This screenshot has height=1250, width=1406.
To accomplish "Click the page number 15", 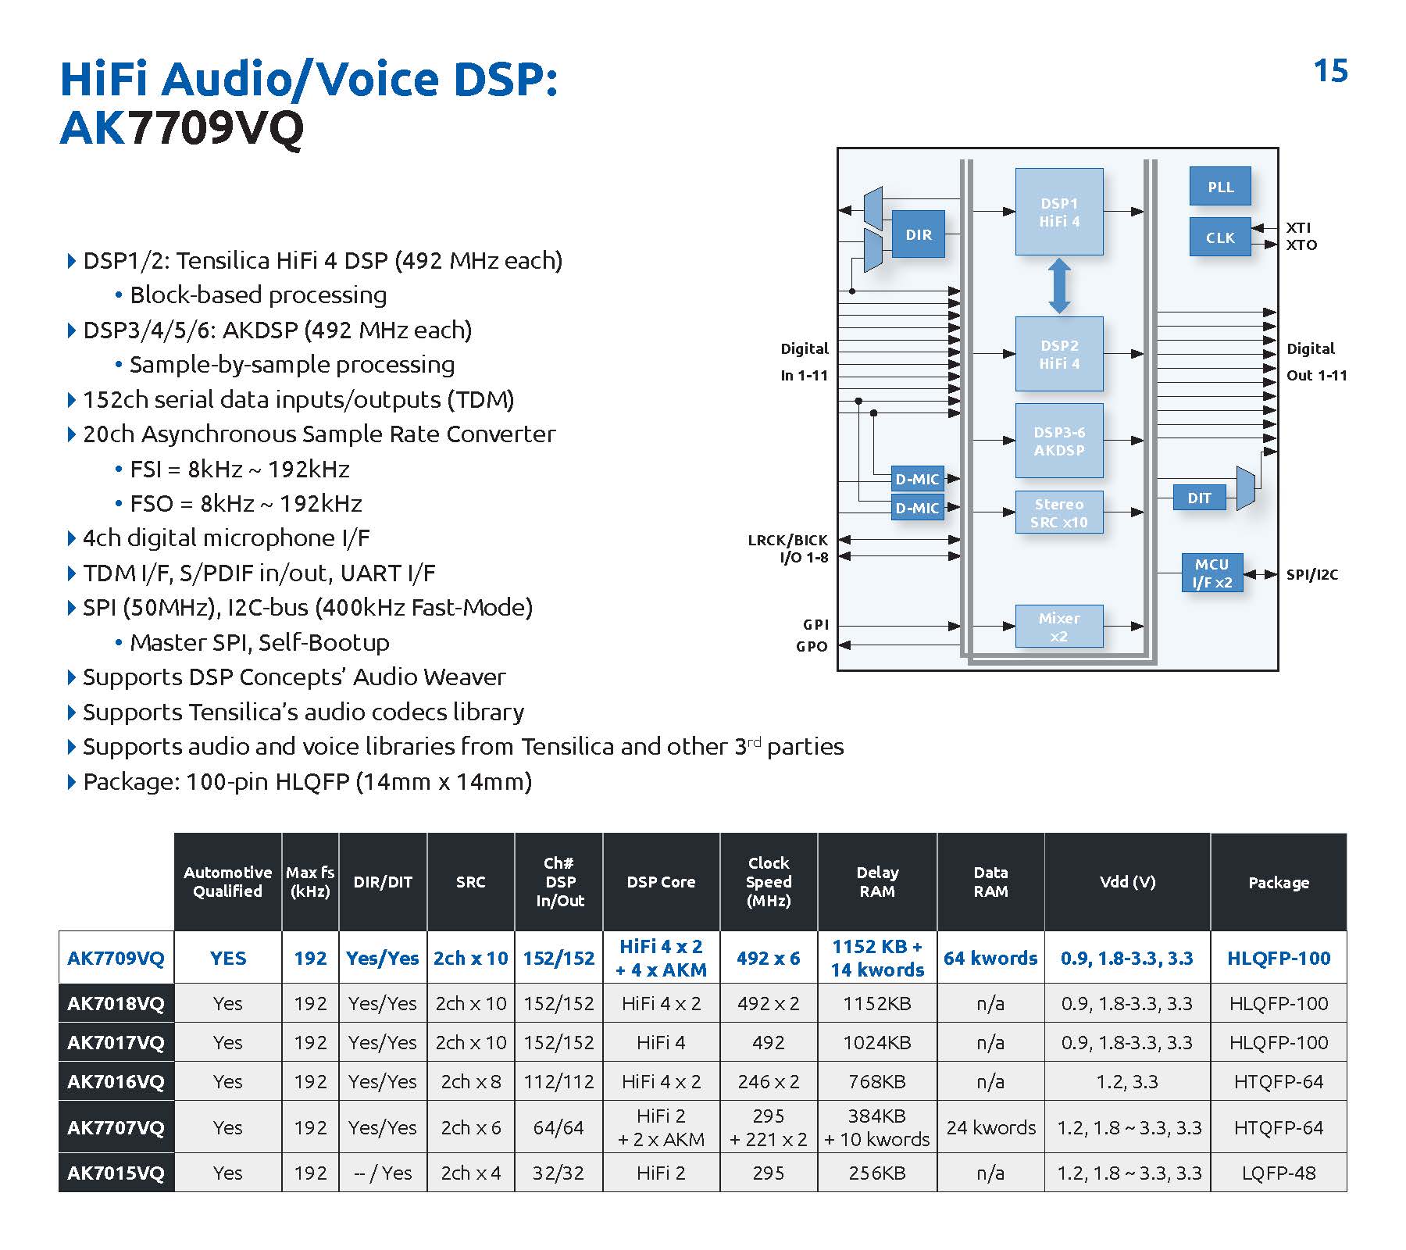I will click(x=1330, y=71).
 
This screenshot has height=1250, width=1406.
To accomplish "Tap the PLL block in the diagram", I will click(x=1220, y=187).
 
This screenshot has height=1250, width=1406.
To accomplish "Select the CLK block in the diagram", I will click(x=1220, y=237).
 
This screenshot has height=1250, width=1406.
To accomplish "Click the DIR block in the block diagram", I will click(x=918, y=234).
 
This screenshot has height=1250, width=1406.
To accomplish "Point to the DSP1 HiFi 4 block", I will click(x=1059, y=212).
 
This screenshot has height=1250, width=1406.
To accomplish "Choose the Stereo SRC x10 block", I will click(x=1059, y=512).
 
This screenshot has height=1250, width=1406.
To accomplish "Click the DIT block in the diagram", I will click(x=1199, y=498).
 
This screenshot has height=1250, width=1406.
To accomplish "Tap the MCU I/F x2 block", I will click(x=1212, y=573).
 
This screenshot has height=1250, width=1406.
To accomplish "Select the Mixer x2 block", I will click(x=1059, y=627).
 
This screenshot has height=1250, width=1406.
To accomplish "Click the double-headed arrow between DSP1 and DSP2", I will click(x=1059, y=286).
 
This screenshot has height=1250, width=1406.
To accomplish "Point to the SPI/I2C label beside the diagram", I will click(x=1311, y=574).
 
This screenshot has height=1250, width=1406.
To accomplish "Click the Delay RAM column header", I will click(x=877, y=881).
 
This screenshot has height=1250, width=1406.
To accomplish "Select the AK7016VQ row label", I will click(x=116, y=1081).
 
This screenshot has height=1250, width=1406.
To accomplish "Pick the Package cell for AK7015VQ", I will click(x=1278, y=1173).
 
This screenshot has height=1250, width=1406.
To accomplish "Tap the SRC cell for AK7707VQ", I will click(x=470, y=1127).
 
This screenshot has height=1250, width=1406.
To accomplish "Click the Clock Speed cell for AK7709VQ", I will click(x=768, y=958).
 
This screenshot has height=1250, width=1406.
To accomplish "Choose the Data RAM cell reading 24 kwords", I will click(x=990, y=1127).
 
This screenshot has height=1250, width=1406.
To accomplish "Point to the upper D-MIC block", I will click(x=917, y=479).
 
